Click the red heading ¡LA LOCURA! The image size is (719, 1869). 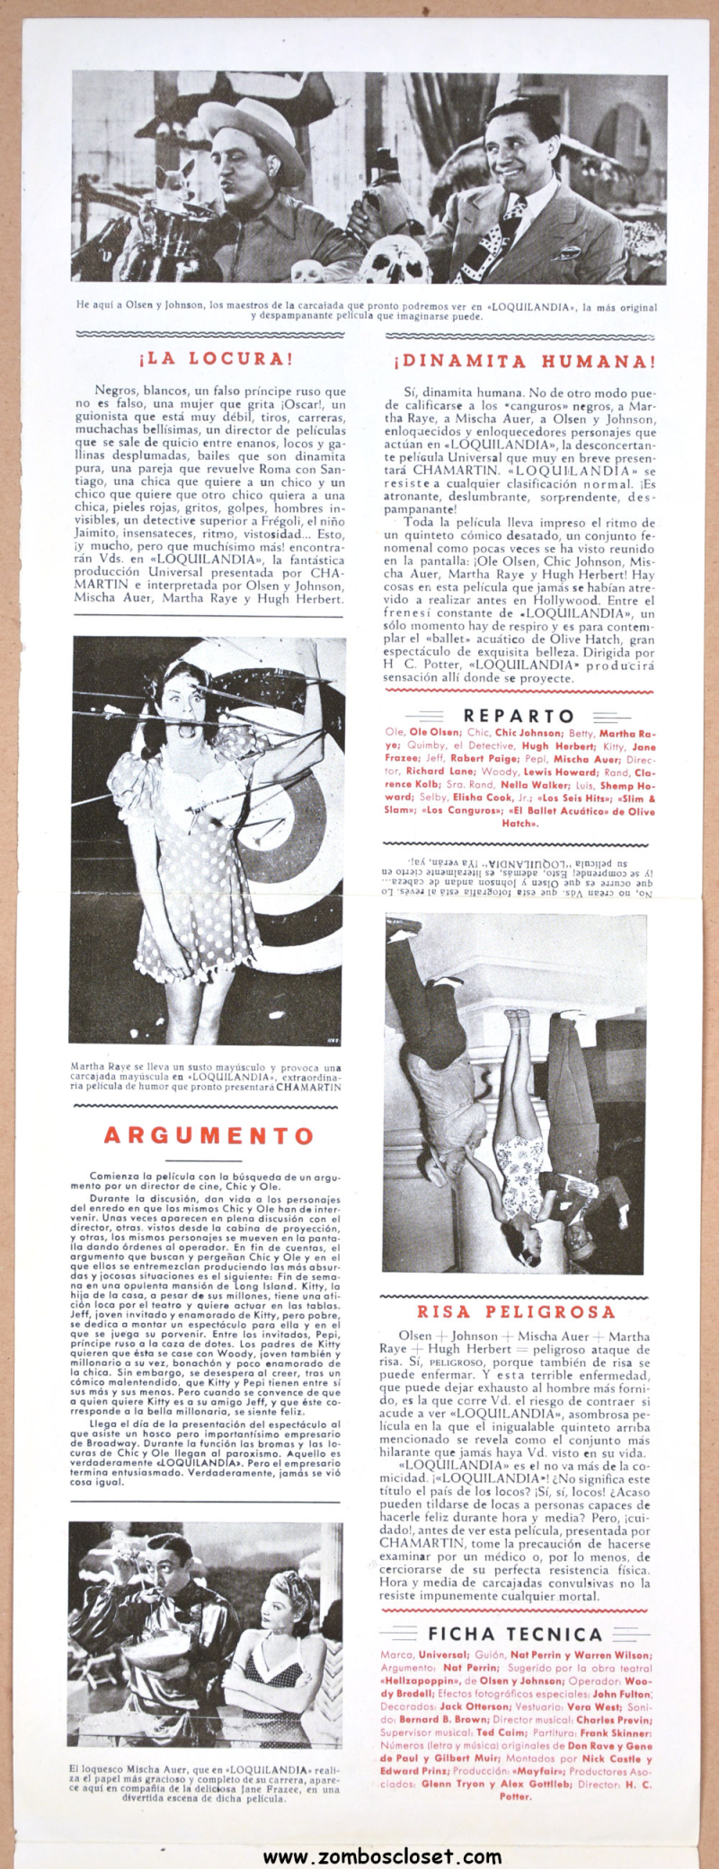(216, 359)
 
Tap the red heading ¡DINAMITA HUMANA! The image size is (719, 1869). (524, 363)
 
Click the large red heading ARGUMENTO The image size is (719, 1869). (209, 1135)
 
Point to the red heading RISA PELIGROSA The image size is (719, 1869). (516, 1312)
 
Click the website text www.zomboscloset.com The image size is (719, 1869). (382, 1850)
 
